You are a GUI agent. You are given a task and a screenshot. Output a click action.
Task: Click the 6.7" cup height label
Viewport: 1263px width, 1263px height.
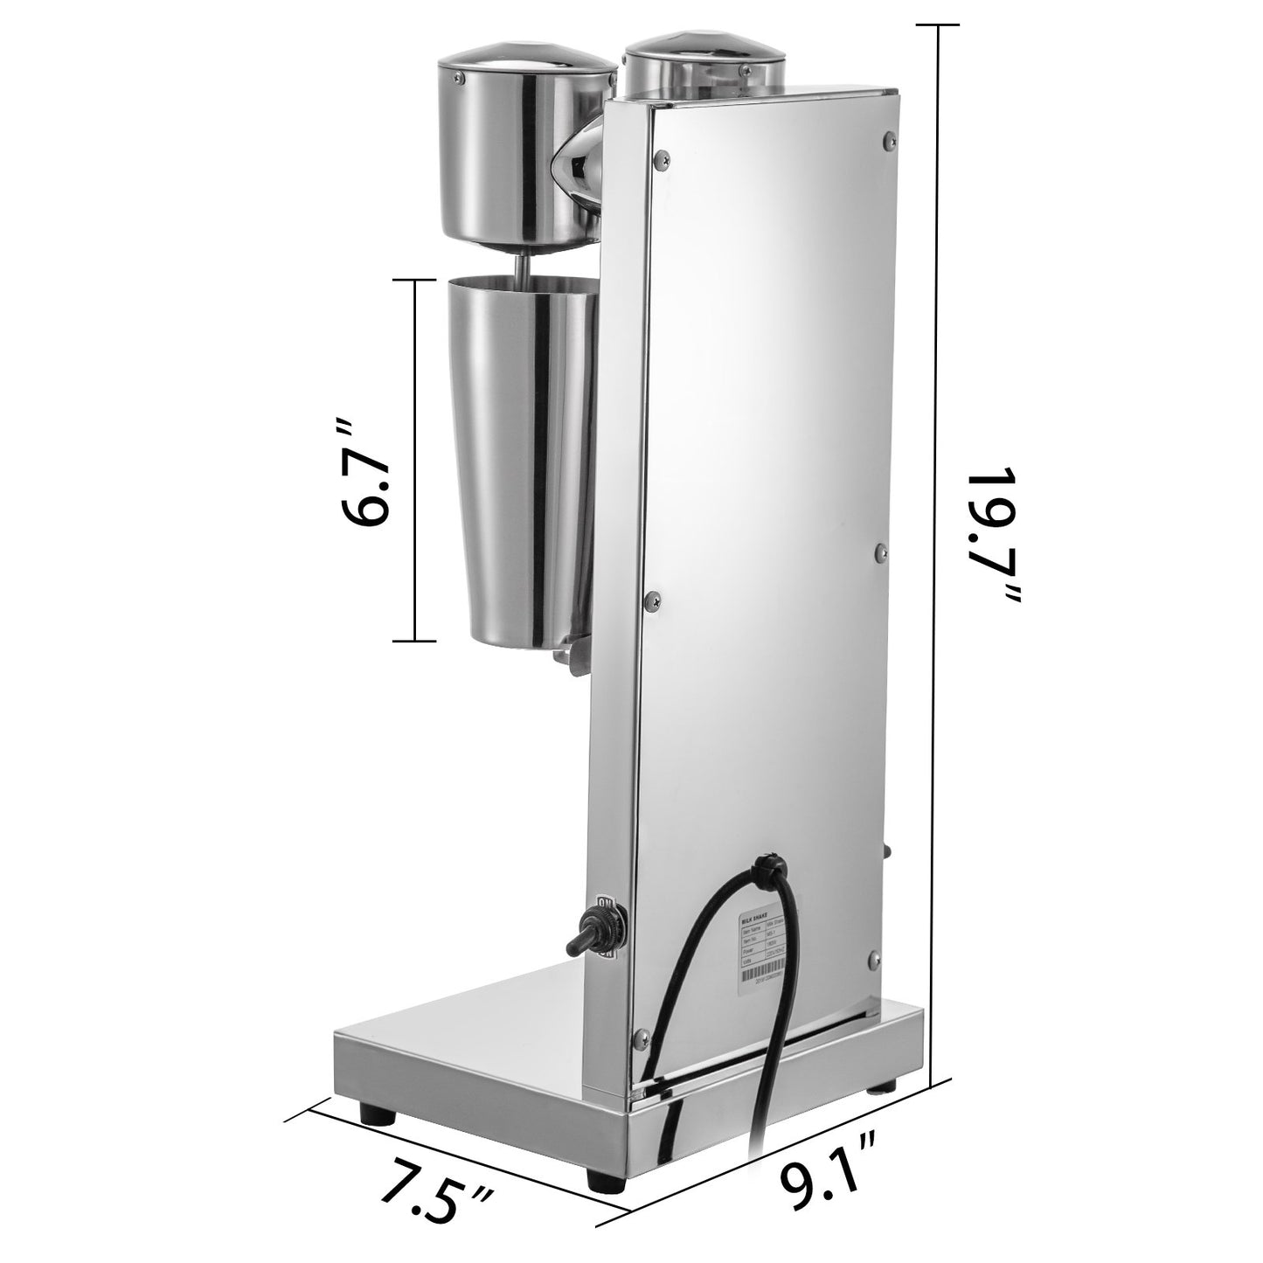tap(360, 475)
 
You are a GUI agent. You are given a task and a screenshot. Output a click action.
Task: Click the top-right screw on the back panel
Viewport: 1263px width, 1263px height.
tap(889, 138)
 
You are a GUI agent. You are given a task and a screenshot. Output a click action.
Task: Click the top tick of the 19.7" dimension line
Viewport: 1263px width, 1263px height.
tap(939, 24)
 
